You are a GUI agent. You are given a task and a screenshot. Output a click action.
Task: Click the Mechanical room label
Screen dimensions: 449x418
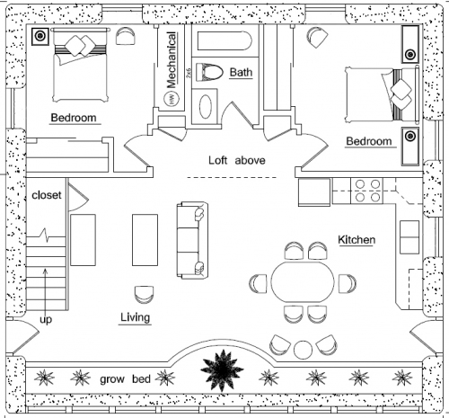click(x=172, y=60)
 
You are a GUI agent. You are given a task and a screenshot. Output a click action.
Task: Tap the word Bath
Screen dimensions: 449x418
click(x=241, y=72)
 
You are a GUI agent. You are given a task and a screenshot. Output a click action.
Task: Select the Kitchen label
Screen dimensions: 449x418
click(x=357, y=240)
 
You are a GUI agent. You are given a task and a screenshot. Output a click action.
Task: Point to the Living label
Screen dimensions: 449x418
click(x=135, y=317)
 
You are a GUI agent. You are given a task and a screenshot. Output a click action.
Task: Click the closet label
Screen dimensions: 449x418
click(x=47, y=195)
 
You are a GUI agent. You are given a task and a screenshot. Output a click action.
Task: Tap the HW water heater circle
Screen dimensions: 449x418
click(x=172, y=99)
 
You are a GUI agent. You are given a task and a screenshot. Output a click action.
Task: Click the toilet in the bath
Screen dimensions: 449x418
click(x=209, y=72)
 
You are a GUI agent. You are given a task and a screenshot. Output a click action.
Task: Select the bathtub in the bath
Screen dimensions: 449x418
click(x=224, y=40)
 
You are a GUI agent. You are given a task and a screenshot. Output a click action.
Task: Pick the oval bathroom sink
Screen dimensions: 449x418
click(x=206, y=106)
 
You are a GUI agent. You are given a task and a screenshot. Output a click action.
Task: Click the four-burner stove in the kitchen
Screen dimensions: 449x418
click(x=367, y=191)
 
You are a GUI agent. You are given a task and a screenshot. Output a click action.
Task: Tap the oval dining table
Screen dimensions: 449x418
click(x=303, y=282)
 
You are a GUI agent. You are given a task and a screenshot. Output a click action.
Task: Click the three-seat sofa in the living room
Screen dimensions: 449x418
click(x=192, y=240)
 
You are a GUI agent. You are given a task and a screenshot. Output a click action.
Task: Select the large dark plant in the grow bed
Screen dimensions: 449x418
click(x=222, y=370)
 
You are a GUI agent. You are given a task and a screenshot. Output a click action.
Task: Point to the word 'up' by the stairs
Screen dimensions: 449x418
click(x=46, y=320)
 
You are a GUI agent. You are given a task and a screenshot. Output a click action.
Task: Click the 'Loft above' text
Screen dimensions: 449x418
click(x=237, y=160)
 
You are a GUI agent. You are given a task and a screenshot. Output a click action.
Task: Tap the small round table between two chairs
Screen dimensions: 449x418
click(x=303, y=350)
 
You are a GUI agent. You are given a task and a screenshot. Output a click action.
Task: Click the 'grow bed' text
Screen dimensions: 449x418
click(x=125, y=379)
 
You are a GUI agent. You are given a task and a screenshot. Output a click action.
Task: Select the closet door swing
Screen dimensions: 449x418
click(x=78, y=198)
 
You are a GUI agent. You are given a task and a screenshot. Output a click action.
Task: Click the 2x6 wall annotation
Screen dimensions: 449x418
click(x=189, y=73)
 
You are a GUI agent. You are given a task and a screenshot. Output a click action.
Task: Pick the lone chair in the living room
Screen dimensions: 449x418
click(x=144, y=295)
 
